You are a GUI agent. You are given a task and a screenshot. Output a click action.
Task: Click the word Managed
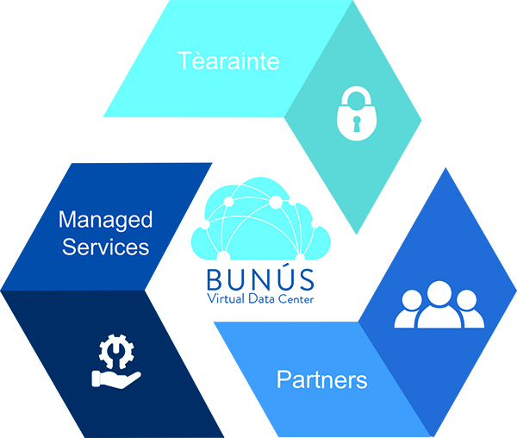[x=105, y=220]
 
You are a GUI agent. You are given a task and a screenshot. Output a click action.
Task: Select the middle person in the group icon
[x=439, y=304]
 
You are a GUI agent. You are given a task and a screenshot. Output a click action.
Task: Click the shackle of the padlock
[x=353, y=100]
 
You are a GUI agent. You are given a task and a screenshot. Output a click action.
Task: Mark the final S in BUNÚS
[x=307, y=281]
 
